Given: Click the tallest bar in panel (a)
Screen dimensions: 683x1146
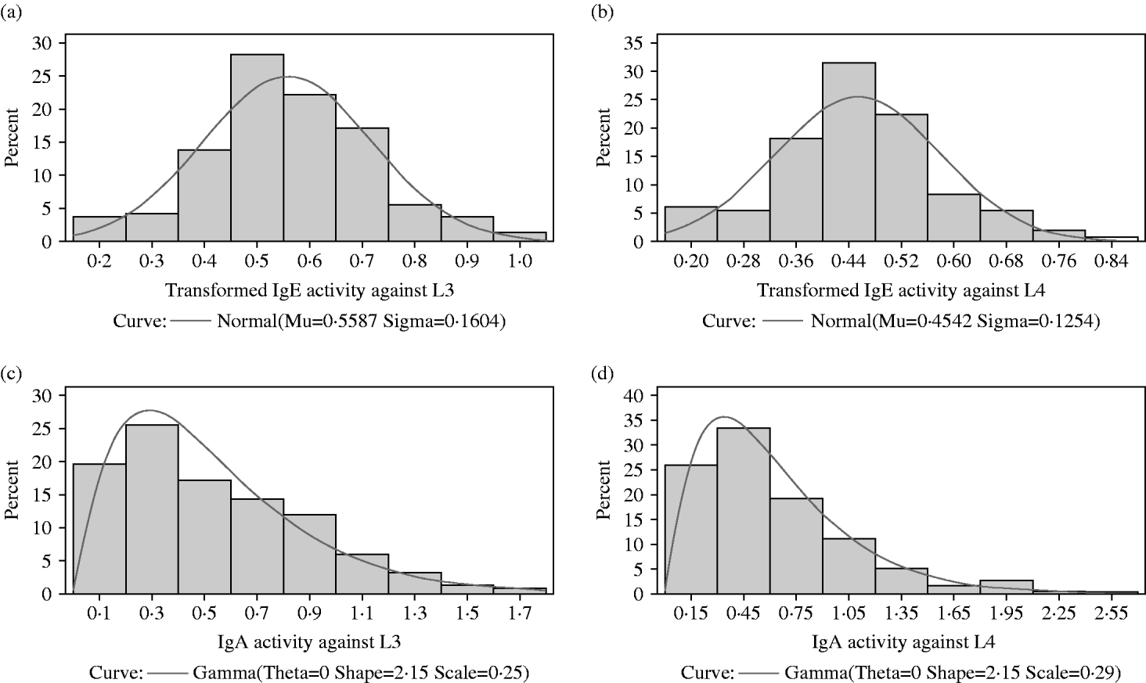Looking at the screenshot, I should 257,148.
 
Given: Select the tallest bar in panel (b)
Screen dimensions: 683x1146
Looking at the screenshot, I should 849,152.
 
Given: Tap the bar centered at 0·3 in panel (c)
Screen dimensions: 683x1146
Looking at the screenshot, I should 152,509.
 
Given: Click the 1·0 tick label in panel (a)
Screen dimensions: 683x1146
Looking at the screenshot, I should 520,261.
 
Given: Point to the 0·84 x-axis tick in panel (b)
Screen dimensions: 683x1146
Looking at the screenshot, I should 1111,261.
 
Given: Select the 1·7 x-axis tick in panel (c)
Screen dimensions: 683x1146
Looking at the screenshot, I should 520,613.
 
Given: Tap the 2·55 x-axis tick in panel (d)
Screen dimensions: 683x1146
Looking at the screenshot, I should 1111,613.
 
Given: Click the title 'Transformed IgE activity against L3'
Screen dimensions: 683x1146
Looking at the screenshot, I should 310,291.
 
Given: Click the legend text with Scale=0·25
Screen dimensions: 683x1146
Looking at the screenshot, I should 359,673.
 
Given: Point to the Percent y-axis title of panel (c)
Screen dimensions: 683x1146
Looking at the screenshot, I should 13,491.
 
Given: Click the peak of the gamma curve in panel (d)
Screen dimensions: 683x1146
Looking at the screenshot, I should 723,417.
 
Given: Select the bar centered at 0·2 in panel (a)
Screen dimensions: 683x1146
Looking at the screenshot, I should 99,229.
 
